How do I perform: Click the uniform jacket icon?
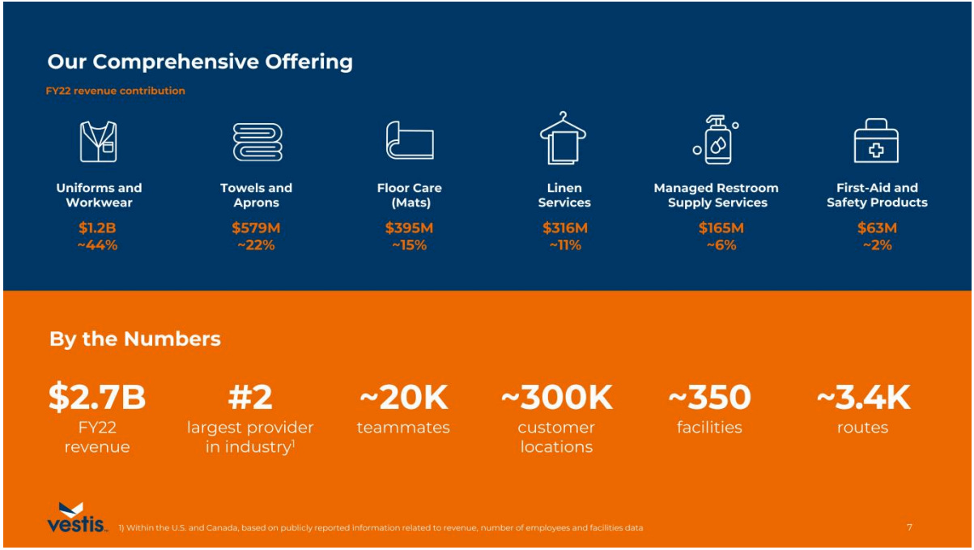pos(98,142)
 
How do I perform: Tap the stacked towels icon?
pos(257,142)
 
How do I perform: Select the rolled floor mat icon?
pos(409,141)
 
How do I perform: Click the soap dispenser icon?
pos(716,139)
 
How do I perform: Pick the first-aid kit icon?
pos(876,141)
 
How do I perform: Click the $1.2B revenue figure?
pos(97,228)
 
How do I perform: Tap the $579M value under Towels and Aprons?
pos(256,228)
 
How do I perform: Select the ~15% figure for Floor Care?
pos(409,245)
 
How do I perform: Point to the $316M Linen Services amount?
pos(564,228)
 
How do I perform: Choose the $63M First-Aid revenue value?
pos(877,228)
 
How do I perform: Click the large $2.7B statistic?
pos(97,397)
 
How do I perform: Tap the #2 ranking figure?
pos(250,397)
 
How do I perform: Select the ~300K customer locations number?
pos(557,397)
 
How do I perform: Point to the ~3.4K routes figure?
pos(863,397)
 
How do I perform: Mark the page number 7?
pos(909,527)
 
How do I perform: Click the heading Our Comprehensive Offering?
pos(200,62)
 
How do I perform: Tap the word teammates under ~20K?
pos(403,428)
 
